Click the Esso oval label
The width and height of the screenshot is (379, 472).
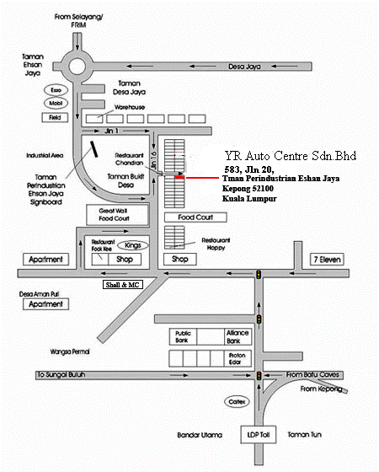pos(34,89)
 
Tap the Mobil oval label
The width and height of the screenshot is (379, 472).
pos(34,104)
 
